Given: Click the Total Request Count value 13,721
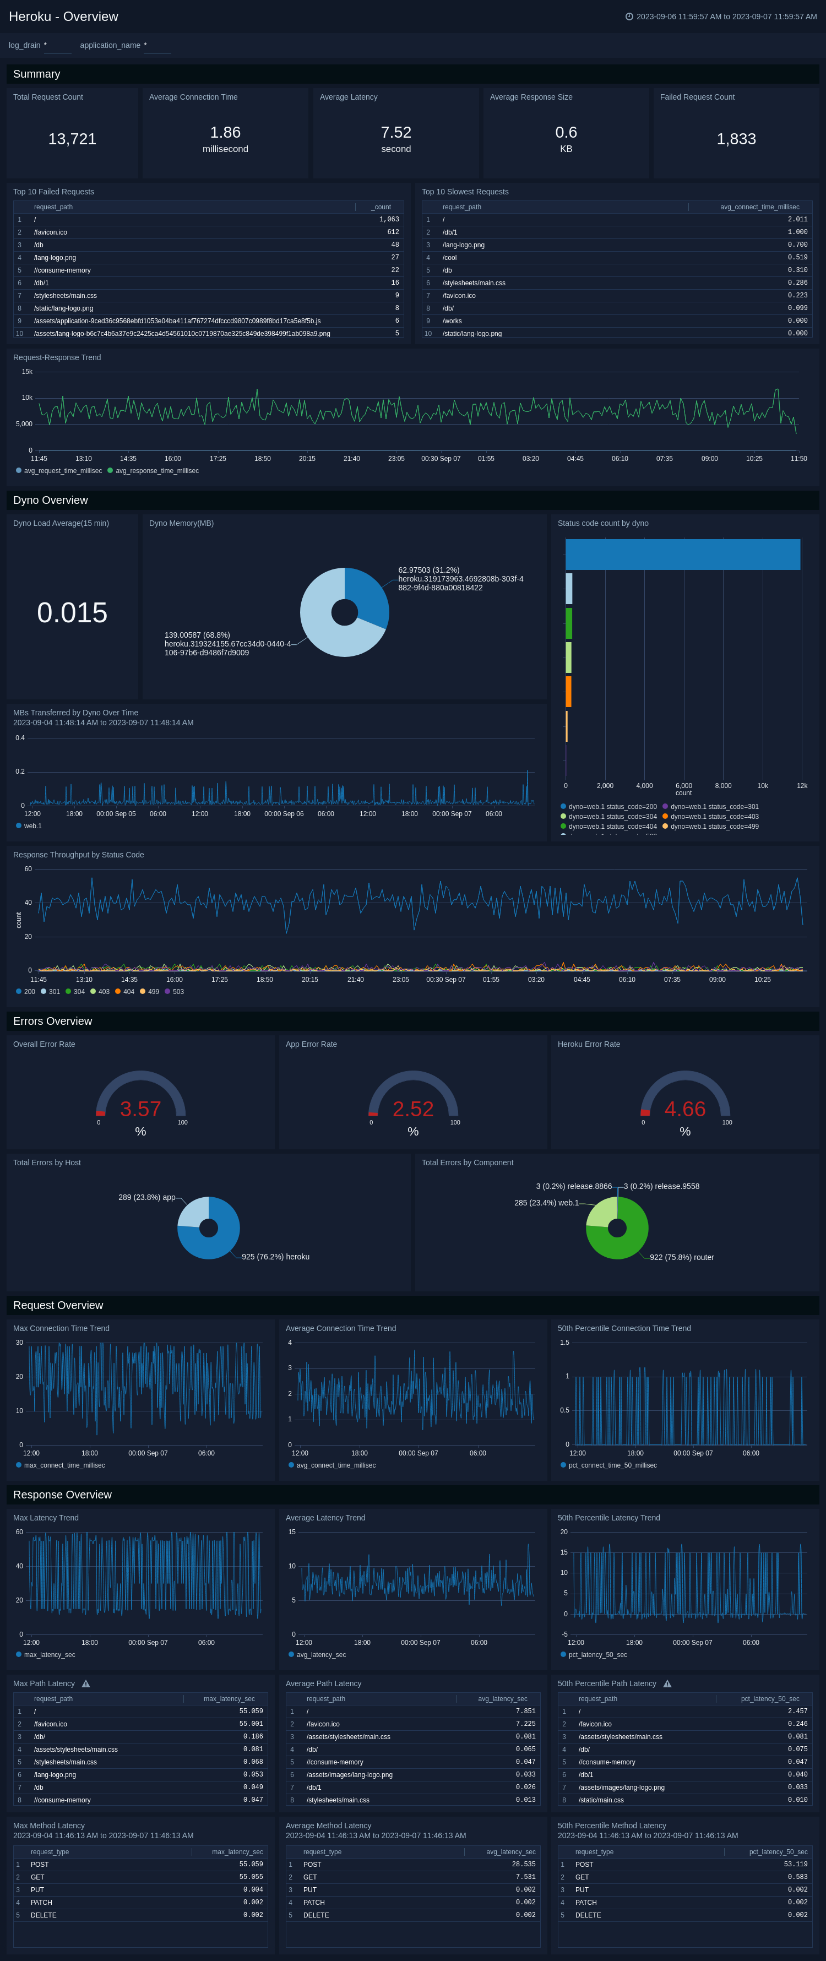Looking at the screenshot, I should pyautogui.click(x=72, y=139).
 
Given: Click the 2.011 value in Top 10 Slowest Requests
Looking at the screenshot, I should pyautogui.click(x=797, y=219).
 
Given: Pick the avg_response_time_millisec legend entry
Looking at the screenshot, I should pyautogui.click(x=156, y=470).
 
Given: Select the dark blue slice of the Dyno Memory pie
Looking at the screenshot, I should pyautogui.click(x=366, y=594).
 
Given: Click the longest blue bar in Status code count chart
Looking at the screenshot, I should pyautogui.click(x=682, y=554).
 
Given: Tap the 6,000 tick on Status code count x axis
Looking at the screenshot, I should pyautogui.click(x=683, y=786).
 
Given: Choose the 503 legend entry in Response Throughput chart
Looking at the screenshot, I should pyautogui.click(x=177, y=991).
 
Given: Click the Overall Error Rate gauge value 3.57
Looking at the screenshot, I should pyautogui.click(x=140, y=1109).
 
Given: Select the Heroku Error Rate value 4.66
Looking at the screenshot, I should pyautogui.click(x=684, y=1109).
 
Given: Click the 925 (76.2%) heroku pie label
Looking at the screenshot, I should pyautogui.click(x=275, y=1257).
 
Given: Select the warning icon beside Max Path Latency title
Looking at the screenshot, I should pyautogui.click(x=86, y=1684).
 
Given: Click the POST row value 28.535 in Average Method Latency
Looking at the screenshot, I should pyautogui.click(x=524, y=1864).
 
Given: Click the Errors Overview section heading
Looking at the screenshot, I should pyautogui.click(x=52, y=1021).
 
